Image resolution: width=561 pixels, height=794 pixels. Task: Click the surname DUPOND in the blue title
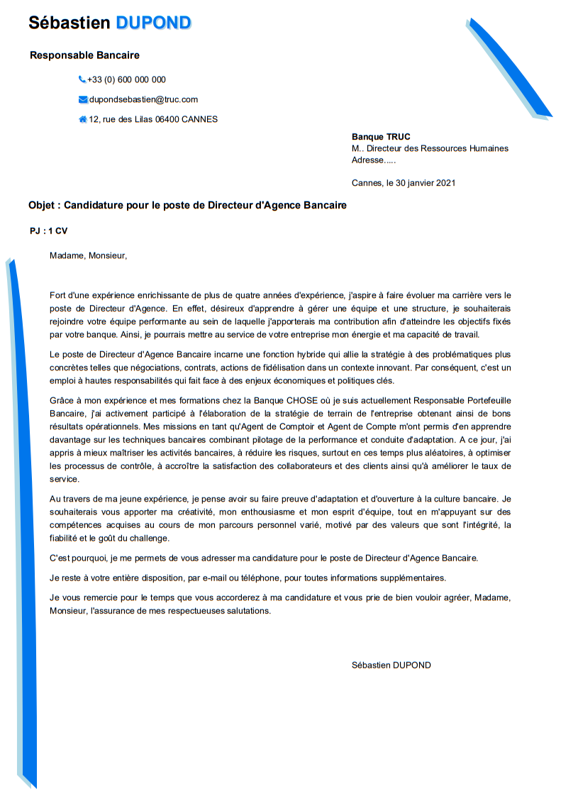(153, 23)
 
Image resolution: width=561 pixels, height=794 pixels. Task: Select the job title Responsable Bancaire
(84, 55)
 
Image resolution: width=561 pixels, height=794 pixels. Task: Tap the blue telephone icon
(82, 79)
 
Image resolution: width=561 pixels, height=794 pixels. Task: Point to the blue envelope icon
(82, 99)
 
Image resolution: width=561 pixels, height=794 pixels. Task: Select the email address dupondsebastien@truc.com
(143, 99)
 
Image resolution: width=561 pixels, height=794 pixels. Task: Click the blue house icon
(82, 119)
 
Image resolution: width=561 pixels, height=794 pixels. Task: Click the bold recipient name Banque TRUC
(381, 137)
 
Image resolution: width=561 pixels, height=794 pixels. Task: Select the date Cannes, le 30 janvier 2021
(404, 182)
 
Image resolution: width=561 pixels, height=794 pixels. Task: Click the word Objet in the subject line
(42, 206)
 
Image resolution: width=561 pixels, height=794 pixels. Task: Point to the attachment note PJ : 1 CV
(49, 231)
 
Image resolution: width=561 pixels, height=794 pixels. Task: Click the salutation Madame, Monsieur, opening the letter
(89, 255)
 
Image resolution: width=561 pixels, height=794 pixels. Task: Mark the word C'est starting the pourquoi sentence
(62, 557)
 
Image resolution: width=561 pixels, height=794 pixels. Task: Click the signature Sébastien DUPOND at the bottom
(391, 665)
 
